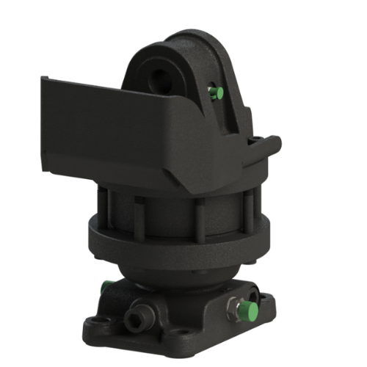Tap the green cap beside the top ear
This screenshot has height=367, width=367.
coord(214,92)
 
